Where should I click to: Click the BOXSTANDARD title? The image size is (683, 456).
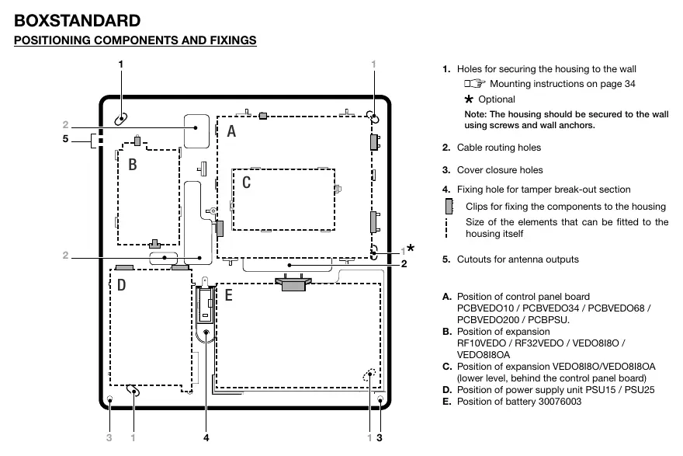coord(77,20)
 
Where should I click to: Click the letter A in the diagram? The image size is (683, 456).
coord(231,131)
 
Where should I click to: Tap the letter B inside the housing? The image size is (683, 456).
coord(133,165)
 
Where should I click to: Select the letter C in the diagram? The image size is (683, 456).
coord(247,183)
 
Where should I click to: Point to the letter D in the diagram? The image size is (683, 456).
coord(122,285)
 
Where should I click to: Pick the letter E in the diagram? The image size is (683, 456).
coord(228,295)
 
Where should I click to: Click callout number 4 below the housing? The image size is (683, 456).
coord(206,437)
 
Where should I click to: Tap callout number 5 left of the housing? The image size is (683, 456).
coord(65,139)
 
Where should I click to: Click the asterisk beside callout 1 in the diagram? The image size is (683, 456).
coord(411,248)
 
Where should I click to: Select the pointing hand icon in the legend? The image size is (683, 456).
coord(474,83)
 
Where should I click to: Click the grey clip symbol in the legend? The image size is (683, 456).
coord(449,206)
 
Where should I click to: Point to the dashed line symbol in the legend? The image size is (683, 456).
coord(446,228)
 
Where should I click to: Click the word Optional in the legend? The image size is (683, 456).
coord(497,99)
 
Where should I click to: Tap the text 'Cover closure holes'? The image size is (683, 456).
coord(500,170)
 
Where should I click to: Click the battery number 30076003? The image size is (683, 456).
coord(560,402)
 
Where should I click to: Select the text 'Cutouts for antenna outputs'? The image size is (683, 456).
coord(518,259)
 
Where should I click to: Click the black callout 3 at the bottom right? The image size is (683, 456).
coord(380,437)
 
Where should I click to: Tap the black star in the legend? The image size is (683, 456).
coord(469,99)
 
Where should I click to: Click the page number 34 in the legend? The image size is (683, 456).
coord(630,83)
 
